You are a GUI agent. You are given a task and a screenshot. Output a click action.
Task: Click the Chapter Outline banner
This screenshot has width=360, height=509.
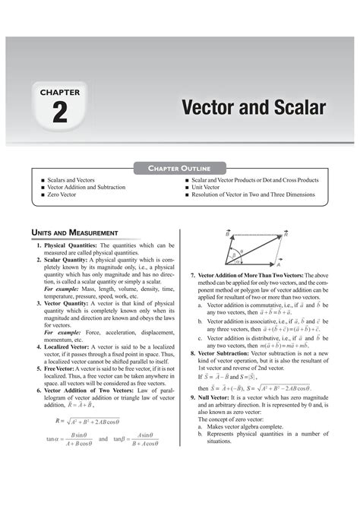pos(180,166)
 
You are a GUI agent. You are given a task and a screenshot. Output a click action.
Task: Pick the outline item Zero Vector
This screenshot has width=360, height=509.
pos(67,194)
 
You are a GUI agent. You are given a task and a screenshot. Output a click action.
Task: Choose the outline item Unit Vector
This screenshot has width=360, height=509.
pos(210,188)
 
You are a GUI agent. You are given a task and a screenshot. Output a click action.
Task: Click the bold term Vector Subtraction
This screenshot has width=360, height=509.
pos(229,353)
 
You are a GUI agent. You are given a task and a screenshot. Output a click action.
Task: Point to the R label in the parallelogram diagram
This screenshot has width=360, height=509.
pos(285,235)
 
